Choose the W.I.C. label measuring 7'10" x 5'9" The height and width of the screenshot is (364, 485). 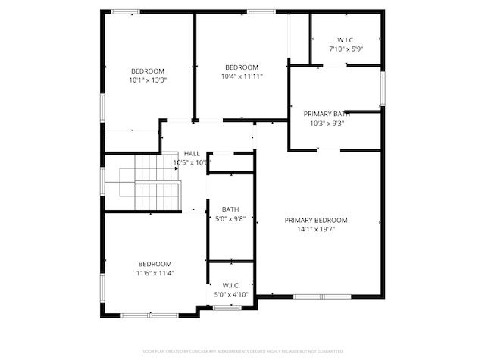[346, 39]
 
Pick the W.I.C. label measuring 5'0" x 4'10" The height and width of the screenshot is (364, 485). [231, 286]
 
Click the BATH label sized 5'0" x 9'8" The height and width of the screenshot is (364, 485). [230, 210]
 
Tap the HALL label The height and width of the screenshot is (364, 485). [192, 153]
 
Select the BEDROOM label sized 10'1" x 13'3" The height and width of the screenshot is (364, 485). [147, 71]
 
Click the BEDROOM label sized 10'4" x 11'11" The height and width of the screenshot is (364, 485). [241, 67]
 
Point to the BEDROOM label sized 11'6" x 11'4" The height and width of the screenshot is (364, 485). [155, 264]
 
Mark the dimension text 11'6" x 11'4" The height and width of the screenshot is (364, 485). [155, 273]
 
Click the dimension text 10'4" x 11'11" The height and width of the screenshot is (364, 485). [242, 77]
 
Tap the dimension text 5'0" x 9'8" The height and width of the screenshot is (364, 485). [230, 219]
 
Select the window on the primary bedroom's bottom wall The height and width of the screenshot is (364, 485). [320, 296]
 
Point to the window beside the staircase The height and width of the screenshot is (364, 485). [102, 183]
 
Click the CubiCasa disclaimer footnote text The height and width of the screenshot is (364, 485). [242, 351]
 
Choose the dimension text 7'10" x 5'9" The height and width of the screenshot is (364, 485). [346, 49]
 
